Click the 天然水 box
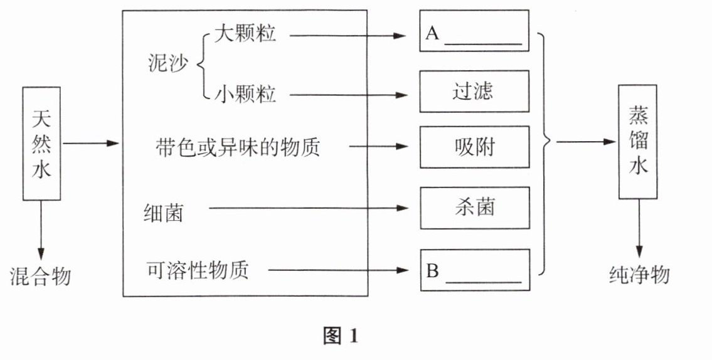pyautogui.click(x=41, y=143)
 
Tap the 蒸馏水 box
pyautogui.click(x=638, y=142)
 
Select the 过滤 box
pyautogui.click(x=474, y=92)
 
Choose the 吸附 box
pyautogui.click(x=474, y=147)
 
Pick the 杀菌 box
pyautogui.click(x=474, y=208)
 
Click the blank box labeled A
pyautogui.click(x=474, y=31)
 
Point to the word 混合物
pyautogui.click(x=41, y=275)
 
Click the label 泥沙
pyautogui.click(x=167, y=63)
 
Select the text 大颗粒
pyautogui.click(x=245, y=34)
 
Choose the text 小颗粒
pyautogui.click(x=245, y=95)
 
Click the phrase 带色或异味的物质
pyautogui.click(x=238, y=148)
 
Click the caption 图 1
pyautogui.click(x=340, y=336)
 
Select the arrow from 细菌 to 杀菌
pyautogui.click(x=307, y=208)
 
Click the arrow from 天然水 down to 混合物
pyautogui.click(x=41, y=229)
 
